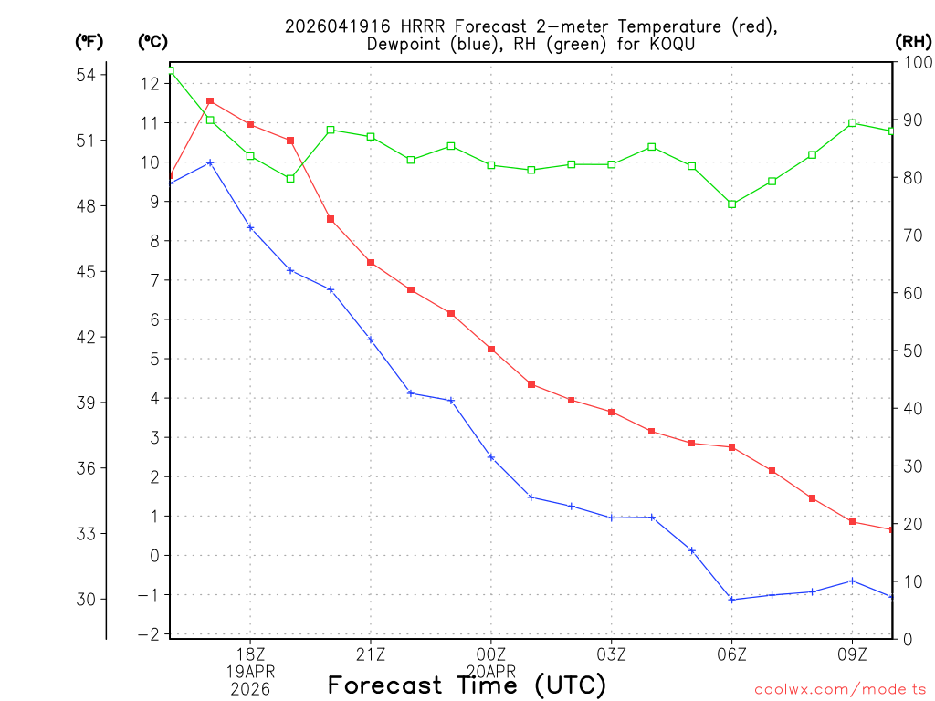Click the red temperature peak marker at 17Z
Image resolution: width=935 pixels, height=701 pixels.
(210, 101)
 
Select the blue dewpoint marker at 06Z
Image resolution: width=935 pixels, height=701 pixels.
(731, 600)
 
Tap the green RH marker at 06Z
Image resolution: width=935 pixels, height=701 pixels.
(731, 204)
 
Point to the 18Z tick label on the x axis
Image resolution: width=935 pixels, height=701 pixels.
(250, 654)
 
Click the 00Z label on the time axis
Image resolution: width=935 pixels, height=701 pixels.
(491, 654)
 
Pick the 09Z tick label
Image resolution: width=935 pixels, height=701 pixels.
(852, 654)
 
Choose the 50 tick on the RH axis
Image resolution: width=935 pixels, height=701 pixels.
(910, 350)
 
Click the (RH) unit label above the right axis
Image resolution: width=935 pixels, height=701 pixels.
(914, 41)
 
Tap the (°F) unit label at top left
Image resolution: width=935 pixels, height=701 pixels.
(89, 41)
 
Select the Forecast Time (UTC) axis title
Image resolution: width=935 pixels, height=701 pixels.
(467, 685)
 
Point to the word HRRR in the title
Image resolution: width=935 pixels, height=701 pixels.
(399, 26)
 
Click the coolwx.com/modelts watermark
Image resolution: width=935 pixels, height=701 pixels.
(840, 688)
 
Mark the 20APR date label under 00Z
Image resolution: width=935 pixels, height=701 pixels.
(491, 671)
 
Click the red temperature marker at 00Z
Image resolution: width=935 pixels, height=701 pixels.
(491, 350)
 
